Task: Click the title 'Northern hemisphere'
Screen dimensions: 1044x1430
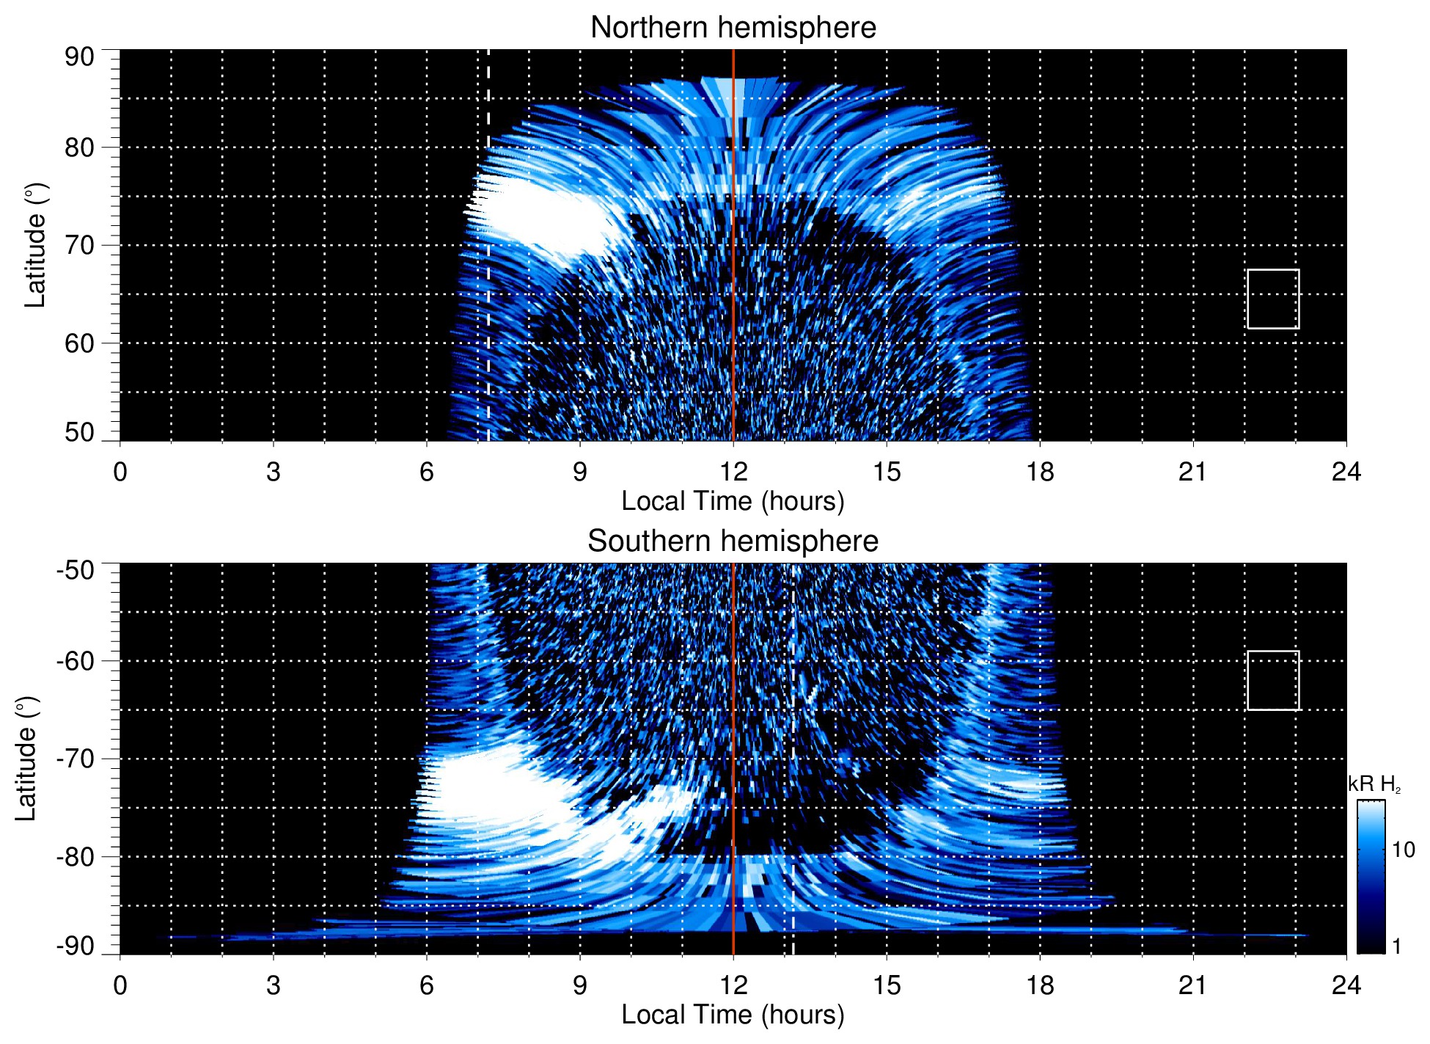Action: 733,28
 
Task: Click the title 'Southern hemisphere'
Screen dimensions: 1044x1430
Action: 733,541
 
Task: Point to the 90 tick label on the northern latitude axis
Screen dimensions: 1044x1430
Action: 79,57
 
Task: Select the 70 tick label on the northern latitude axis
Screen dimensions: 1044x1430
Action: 79,245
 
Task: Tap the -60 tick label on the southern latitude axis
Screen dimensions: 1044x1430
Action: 76,660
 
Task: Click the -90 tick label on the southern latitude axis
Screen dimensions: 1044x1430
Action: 76,946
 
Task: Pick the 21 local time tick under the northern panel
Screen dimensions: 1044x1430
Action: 1192,472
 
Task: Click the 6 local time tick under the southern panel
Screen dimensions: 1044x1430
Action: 427,985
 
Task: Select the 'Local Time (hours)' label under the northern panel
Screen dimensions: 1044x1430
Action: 733,501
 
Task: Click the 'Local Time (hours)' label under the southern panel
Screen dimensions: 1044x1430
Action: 733,1015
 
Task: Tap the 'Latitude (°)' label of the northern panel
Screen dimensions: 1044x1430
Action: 35,245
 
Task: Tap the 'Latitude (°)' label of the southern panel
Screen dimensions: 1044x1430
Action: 26,759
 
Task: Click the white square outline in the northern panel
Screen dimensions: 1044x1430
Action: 1273,299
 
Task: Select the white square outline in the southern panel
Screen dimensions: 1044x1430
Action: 1273,680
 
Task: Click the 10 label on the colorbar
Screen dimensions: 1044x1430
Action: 1403,850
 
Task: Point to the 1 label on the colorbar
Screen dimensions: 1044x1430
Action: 1396,946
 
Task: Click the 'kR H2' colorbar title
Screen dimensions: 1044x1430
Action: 1374,784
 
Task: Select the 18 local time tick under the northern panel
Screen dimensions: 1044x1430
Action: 1040,472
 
